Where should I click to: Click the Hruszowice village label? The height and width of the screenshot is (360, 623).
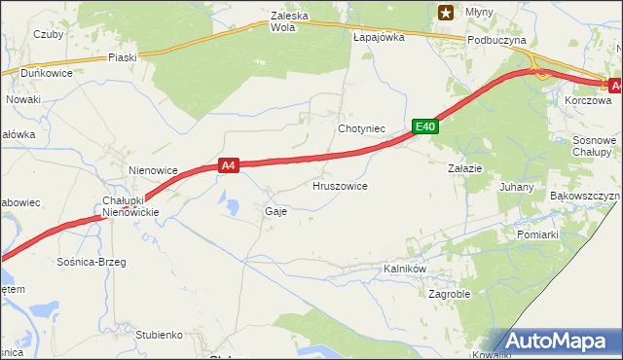point(340,185)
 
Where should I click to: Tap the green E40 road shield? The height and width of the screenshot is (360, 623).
point(424,126)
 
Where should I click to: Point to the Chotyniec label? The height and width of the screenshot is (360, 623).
point(362,128)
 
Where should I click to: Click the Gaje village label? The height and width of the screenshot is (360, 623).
point(275,211)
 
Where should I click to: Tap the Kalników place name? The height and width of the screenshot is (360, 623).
point(407,269)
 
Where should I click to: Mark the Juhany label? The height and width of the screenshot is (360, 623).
point(516,186)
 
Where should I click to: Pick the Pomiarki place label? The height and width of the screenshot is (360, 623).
point(537,234)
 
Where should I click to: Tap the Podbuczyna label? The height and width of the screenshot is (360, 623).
point(496,40)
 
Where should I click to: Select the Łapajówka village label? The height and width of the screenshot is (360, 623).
point(379,37)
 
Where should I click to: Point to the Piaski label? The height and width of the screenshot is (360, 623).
point(123,57)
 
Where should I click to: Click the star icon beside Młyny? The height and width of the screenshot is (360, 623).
point(446,13)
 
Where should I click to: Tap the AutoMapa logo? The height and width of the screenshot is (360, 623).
point(557,342)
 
